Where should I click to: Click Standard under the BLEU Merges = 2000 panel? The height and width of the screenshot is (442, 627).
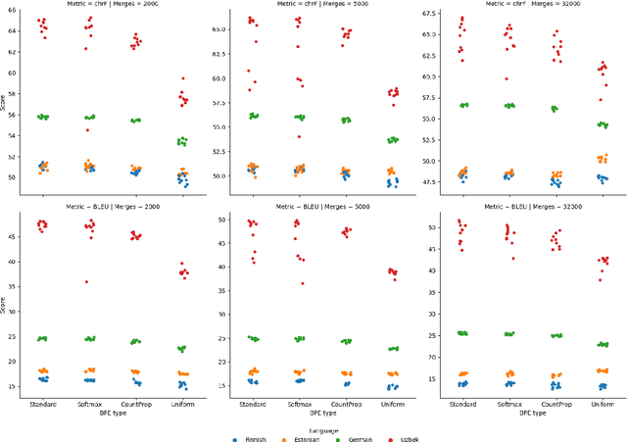pyautogui.click(x=42, y=404)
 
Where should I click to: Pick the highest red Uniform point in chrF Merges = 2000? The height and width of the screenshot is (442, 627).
pyautogui.click(x=182, y=78)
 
